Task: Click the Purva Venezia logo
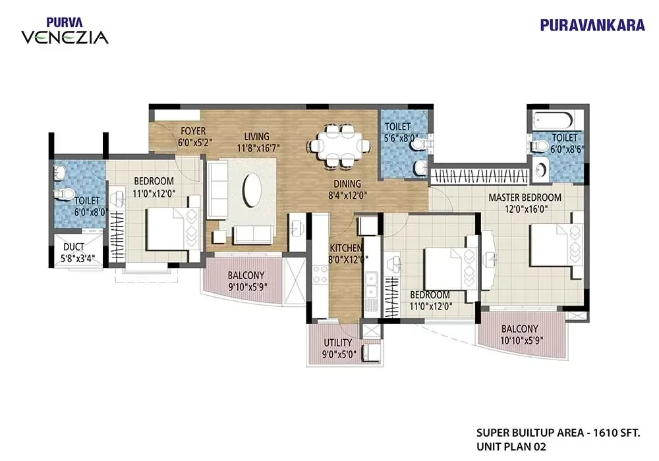[x=65, y=31]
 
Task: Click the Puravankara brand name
[x=592, y=25]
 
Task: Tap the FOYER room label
[x=193, y=130]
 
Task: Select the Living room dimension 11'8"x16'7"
[x=258, y=148]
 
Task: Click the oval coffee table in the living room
[x=252, y=190]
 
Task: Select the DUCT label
[x=74, y=247]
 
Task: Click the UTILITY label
[x=338, y=343]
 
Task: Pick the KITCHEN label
[x=346, y=248]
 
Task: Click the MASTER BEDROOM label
[x=525, y=198]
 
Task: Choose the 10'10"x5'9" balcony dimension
[x=521, y=340]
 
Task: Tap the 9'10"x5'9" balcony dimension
[x=248, y=287]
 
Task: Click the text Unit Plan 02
[x=511, y=447]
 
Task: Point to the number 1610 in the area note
[x=604, y=433]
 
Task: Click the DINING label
[x=347, y=184]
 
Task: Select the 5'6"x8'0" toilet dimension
[x=401, y=138]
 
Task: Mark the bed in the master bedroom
[x=556, y=245]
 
